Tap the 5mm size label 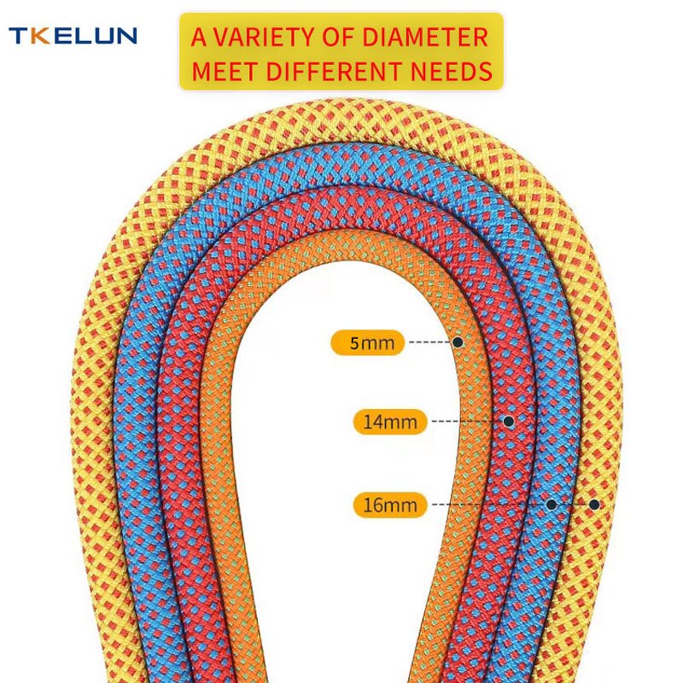coord(368,343)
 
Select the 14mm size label coord(389,422)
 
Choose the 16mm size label coord(389,505)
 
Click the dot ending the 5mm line coord(458,342)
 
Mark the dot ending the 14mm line coord(509,421)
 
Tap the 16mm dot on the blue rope coord(552,505)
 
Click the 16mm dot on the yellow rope coord(594,505)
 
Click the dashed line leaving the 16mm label coord(487,505)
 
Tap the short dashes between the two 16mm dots coord(573,505)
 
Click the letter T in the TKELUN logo coord(18,36)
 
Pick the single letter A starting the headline coord(198,38)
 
